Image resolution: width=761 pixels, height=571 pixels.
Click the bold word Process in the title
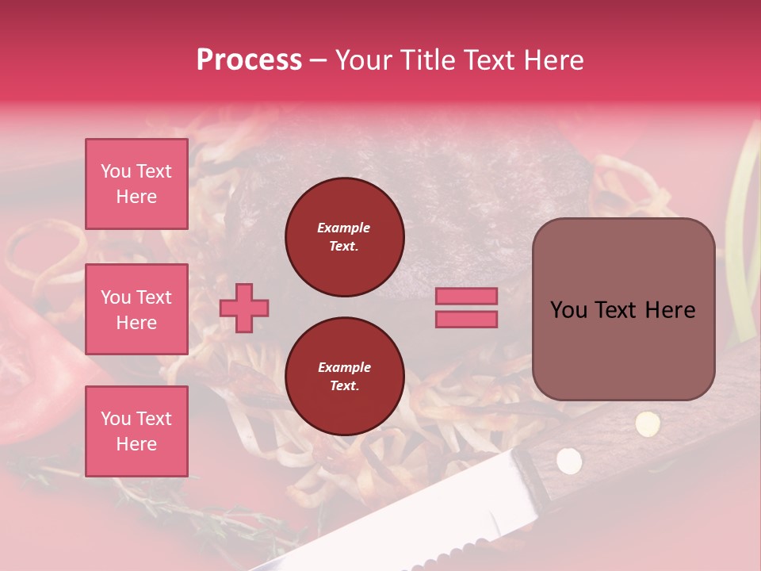(x=249, y=60)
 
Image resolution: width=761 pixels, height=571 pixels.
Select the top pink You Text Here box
(x=136, y=184)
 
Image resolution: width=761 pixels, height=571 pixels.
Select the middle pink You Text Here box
(x=136, y=309)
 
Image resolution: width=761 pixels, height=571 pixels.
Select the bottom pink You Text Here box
(x=136, y=431)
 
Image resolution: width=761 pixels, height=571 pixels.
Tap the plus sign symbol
(x=244, y=308)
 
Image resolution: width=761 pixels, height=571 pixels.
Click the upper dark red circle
(x=344, y=237)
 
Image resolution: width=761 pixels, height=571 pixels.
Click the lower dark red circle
(x=344, y=377)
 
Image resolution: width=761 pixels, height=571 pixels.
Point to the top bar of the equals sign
(x=466, y=297)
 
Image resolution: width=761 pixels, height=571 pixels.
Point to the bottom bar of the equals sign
(x=466, y=320)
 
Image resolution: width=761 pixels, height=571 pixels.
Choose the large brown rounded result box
(x=623, y=309)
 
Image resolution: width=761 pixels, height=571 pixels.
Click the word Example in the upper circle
(x=344, y=228)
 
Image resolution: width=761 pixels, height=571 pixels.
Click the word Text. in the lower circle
(x=344, y=386)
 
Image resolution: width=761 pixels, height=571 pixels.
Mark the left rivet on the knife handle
(x=568, y=458)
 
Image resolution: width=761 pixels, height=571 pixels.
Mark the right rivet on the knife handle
(x=648, y=423)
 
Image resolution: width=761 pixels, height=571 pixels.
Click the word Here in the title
(x=554, y=60)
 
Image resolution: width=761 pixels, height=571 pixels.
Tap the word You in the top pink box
(x=116, y=171)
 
